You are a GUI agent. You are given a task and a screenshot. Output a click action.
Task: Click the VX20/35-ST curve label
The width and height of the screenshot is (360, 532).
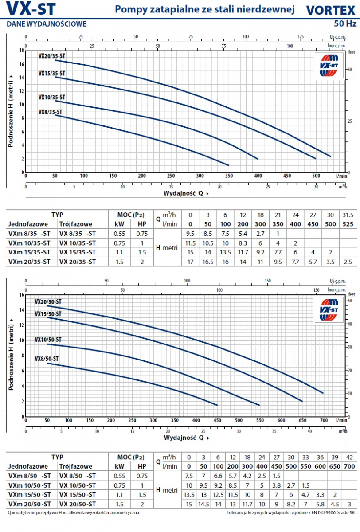[51, 56]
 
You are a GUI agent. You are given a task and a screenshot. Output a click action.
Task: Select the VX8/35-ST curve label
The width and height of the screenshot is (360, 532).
[50, 112]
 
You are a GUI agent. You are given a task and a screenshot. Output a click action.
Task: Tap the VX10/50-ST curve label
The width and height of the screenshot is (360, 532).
[48, 340]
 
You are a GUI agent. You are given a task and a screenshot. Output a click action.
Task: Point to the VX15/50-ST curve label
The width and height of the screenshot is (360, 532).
[48, 314]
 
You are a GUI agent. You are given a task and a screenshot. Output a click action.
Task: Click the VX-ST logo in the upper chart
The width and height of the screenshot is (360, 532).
[329, 65]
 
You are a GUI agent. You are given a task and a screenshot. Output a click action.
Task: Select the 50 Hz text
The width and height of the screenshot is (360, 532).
[345, 23]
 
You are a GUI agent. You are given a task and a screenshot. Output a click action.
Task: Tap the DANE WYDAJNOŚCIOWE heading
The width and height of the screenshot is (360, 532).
[47, 24]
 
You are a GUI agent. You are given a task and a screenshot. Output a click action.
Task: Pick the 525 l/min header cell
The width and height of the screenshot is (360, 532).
[348, 224]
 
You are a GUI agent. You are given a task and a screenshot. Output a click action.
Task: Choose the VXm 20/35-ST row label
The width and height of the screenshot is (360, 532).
[29, 262]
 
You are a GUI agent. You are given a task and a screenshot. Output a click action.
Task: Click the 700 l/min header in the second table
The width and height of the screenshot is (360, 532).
[349, 466]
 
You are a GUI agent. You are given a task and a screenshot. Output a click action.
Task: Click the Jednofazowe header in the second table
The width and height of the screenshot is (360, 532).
[27, 466]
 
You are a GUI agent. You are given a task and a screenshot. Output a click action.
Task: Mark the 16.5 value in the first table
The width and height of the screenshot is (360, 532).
[204, 262]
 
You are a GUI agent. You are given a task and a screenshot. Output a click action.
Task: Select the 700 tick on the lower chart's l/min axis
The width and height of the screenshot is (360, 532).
[322, 420]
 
